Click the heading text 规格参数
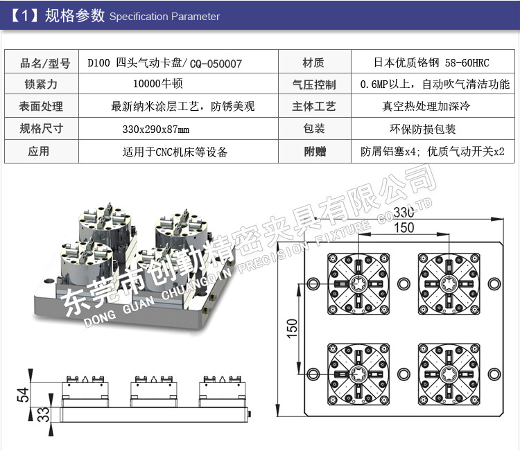coord(74,15)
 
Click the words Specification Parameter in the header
coord(164,17)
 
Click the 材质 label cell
coord(313,63)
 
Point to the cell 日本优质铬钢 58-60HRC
coord(431,63)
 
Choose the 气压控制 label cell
coord(315,85)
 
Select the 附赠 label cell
coord(315,151)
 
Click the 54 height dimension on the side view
coord(23,396)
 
